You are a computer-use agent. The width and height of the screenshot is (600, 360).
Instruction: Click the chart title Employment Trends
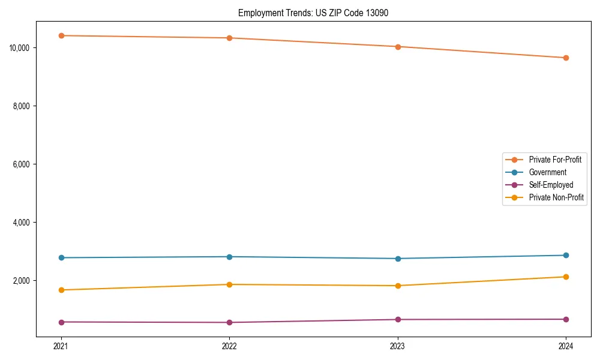(313, 13)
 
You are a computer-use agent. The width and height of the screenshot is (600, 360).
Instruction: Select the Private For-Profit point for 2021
(61, 35)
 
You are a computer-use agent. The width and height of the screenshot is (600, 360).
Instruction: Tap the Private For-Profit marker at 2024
(566, 58)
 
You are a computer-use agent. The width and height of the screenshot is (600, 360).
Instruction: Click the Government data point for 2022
(229, 257)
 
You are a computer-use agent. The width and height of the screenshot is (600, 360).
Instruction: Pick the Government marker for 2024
(566, 255)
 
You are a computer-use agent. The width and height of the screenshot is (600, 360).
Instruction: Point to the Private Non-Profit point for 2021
(61, 290)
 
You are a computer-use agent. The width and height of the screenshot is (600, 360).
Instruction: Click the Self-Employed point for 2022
(229, 322)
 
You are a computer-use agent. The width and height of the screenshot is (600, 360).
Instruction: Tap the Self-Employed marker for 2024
(566, 319)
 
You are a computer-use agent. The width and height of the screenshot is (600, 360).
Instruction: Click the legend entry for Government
(547, 172)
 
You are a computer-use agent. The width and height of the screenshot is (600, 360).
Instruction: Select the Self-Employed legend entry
(551, 185)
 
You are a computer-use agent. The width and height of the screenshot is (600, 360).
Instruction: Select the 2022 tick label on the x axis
(229, 346)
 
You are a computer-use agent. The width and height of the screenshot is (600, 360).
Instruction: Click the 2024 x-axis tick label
(566, 346)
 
